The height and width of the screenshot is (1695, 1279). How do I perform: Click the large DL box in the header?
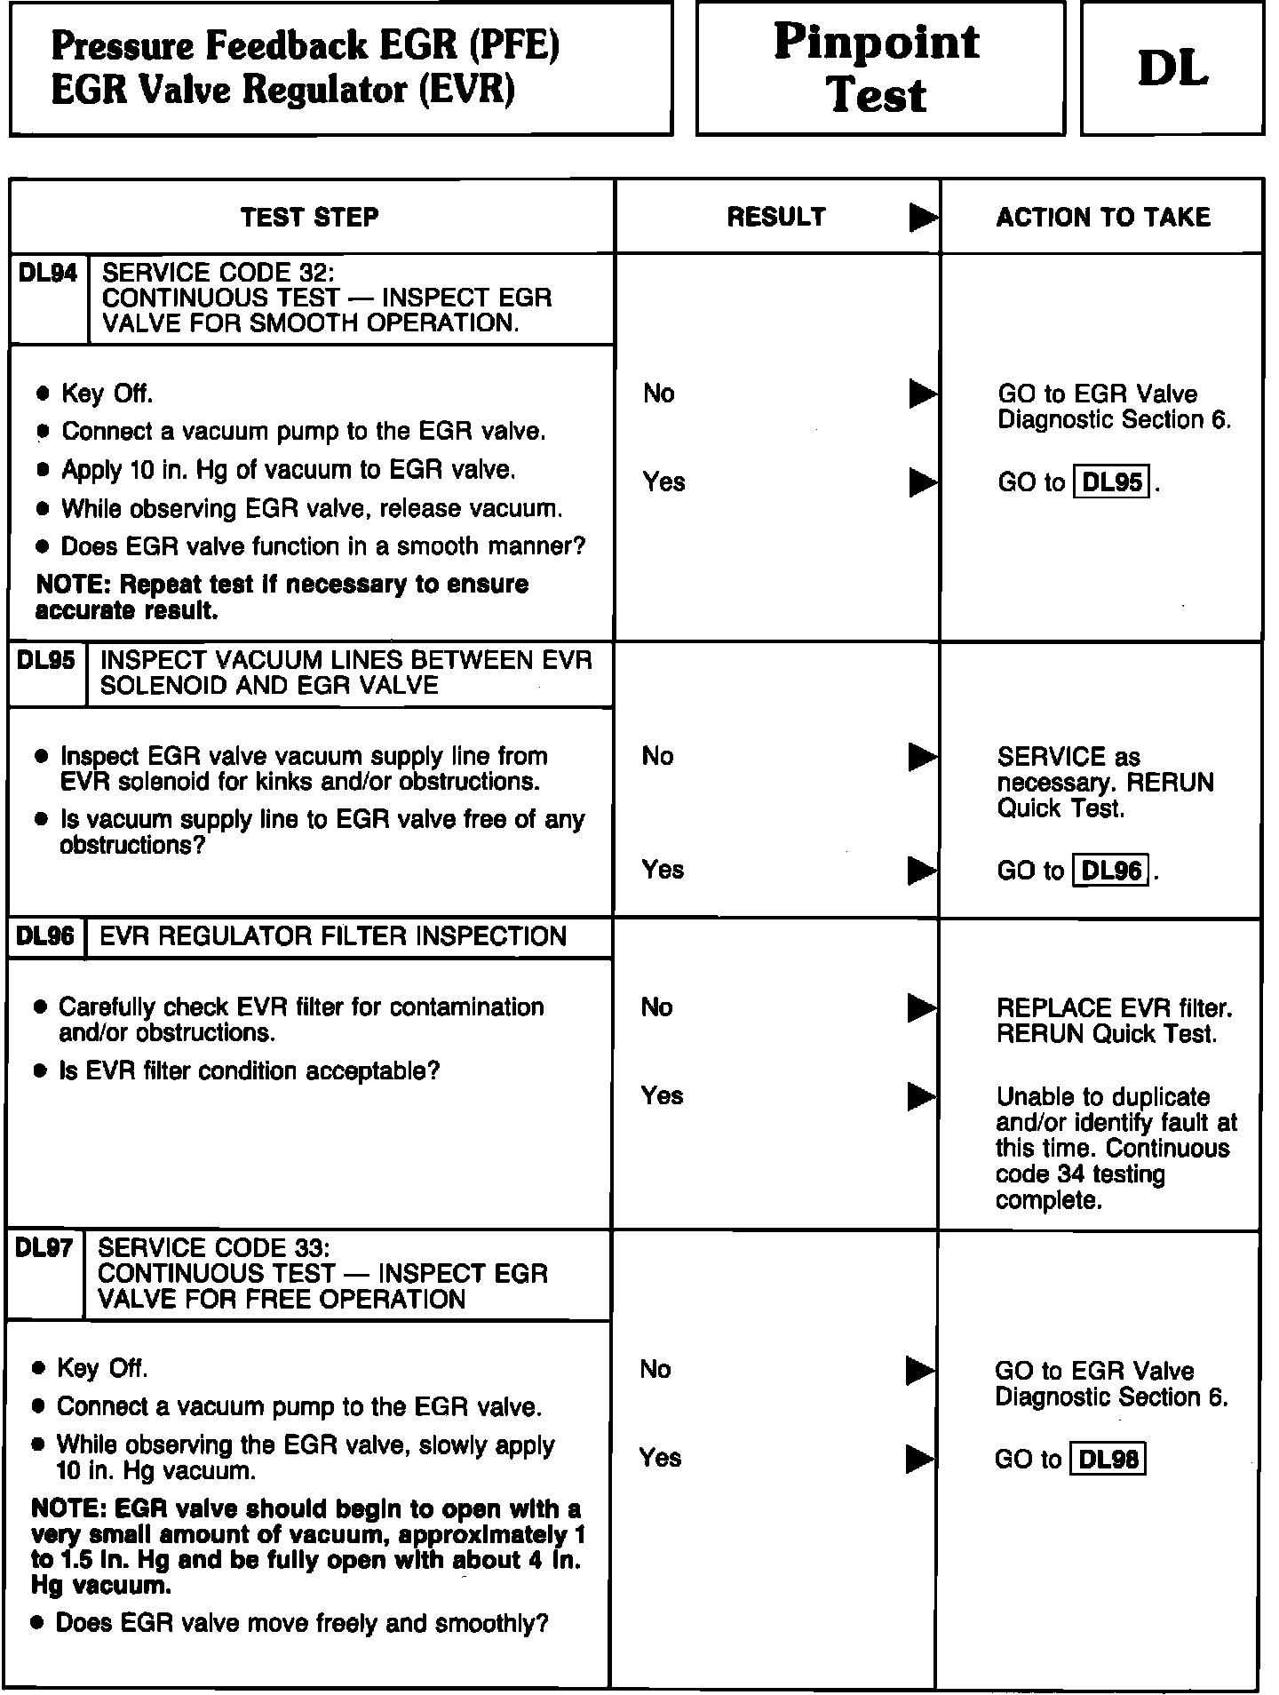tap(1172, 68)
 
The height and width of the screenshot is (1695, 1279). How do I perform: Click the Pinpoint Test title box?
tap(878, 68)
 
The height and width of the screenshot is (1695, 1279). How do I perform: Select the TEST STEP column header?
tap(310, 218)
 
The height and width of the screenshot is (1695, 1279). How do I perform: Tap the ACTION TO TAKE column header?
tap(1103, 218)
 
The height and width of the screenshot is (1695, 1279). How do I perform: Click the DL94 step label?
tap(48, 274)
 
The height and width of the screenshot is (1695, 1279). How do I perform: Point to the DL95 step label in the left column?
tap(46, 660)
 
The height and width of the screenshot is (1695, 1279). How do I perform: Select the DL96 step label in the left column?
tap(45, 936)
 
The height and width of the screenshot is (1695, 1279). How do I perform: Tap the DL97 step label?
tap(44, 1248)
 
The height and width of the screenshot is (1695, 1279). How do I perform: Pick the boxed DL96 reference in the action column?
tap(1112, 870)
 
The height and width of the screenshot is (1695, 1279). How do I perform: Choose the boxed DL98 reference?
tap(1108, 1460)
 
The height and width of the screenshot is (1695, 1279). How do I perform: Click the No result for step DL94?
tap(659, 394)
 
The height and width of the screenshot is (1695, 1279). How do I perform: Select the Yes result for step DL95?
tap(663, 870)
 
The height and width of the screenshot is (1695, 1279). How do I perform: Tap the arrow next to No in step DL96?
tap(921, 1008)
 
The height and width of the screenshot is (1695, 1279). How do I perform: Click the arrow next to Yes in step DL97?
tap(919, 1459)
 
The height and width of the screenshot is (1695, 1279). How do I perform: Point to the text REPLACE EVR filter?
tap(1114, 1008)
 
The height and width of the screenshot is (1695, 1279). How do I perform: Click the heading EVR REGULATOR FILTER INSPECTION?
tap(333, 936)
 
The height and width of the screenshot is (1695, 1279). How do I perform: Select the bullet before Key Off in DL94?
tap(43, 394)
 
